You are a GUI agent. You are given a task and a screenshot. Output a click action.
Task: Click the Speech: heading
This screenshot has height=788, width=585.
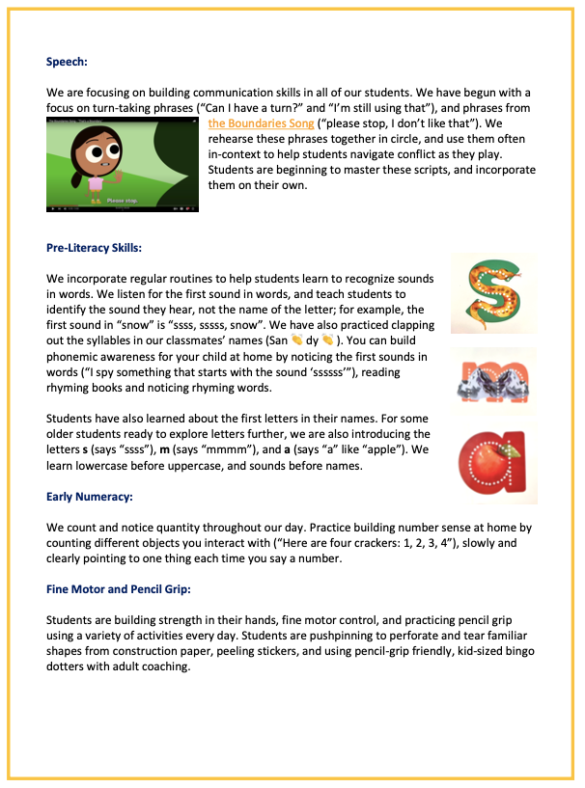point(67,62)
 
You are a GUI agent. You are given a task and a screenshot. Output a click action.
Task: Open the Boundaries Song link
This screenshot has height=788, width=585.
point(254,123)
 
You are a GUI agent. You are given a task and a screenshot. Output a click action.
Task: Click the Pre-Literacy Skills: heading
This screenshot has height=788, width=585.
point(94,248)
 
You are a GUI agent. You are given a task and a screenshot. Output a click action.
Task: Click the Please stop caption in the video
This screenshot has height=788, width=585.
point(119,202)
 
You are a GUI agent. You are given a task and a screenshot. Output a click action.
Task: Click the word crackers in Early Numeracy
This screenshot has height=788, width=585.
point(346,542)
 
